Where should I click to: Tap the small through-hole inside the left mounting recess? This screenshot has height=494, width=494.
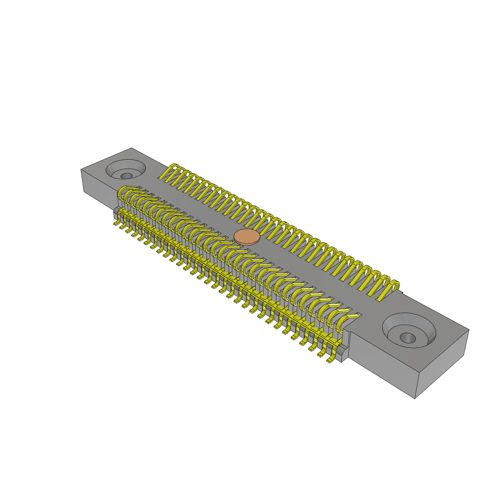tap(126, 176)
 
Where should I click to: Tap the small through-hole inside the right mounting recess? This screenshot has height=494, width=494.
tap(407, 337)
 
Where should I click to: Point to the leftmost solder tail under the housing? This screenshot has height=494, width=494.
tap(117, 223)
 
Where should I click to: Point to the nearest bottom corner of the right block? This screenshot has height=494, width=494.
tap(415, 398)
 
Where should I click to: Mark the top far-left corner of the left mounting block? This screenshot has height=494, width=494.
tap(81, 169)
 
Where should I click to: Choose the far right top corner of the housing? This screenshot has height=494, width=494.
tap(468, 330)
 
